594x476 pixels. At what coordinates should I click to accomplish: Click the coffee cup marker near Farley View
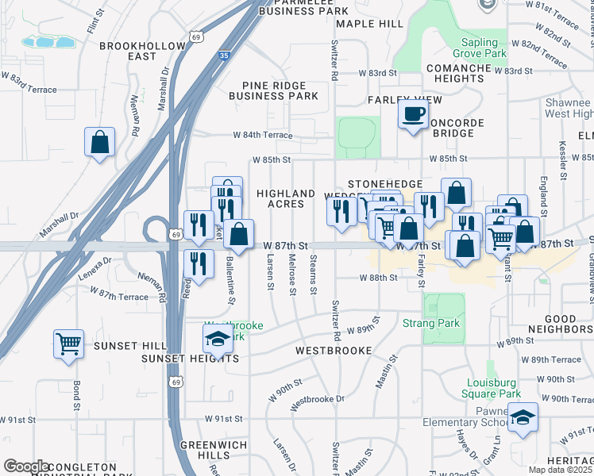(412, 116)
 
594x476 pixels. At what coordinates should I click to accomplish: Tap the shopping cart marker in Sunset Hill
(69, 344)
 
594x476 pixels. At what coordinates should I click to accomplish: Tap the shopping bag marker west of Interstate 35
(100, 143)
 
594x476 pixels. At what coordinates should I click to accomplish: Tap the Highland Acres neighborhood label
(285, 198)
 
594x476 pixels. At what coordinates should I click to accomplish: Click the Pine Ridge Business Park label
(273, 90)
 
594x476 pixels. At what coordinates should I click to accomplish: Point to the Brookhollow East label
(142, 52)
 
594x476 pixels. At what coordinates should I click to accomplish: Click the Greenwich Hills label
(206, 451)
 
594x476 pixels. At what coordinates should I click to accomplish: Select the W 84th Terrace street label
(263, 136)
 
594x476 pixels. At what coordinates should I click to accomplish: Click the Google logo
(25, 466)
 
